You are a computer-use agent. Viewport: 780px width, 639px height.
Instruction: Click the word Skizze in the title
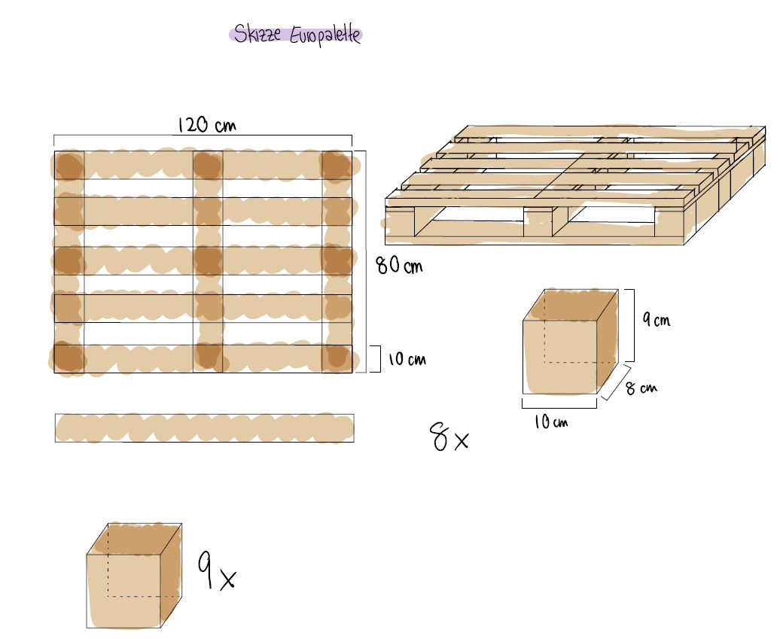pos(257,34)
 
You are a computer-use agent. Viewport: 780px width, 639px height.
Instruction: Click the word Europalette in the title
pos(325,35)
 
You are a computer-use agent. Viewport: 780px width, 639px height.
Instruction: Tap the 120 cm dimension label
pos(207,124)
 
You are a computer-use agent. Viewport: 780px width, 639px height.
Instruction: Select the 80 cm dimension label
pos(400,265)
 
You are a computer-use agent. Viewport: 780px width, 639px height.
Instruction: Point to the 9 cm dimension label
pos(656,319)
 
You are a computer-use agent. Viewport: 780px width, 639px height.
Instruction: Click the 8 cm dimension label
pos(641,388)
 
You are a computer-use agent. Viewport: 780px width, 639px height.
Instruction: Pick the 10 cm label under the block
pos(550,422)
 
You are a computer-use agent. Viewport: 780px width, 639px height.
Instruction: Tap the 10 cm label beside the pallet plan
pos(407,359)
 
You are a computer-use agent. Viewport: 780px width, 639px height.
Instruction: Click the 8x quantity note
pos(449,437)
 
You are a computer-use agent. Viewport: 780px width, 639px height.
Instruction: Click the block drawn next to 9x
pos(134,575)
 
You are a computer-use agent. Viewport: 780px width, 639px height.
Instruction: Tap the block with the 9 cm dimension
pos(571,342)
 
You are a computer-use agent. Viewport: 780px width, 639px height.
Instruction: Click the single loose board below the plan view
pos(205,428)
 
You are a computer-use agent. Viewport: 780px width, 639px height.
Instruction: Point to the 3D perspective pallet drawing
pos(575,185)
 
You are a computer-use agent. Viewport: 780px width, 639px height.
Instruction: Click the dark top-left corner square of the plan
pos(69,165)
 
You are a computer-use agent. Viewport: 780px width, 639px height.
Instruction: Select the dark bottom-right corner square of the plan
pos(337,358)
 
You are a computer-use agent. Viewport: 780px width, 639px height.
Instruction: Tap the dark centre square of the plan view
pos(208,260)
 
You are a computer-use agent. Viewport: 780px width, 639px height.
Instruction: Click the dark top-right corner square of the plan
pos(337,165)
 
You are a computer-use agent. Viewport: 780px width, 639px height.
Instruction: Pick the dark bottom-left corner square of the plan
pos(69,358)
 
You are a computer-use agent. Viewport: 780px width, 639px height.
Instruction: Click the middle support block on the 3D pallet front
pos(538,222)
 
